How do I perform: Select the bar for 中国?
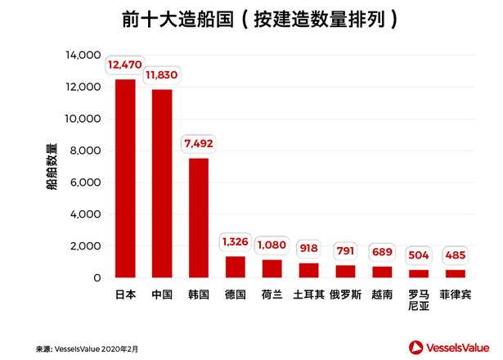click(162, 183)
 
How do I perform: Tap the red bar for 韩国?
click(199, 218)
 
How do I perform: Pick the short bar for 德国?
click(235, 267)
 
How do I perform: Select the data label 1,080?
click(272, 244)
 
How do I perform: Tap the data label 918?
click(309, 247)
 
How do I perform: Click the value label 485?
click(455, 254)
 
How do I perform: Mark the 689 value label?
click(381, 250)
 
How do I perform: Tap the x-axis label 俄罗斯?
click(347, 294)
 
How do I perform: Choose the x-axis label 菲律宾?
click(456, 294)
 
